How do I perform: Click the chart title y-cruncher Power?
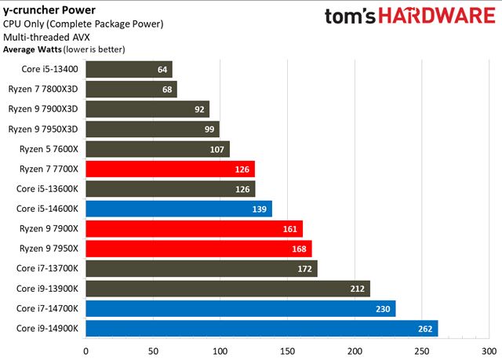click(x=46, y=10)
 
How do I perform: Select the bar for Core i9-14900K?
click(x=261, y=329)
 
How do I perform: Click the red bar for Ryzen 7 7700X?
click(x=170, y=169)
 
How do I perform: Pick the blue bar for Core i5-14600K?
click(x=178, y=209)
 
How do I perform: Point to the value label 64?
click(x=163, y=69)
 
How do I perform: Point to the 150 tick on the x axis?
click(x=287, y=351)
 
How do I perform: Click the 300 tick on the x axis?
click(x=489, y=351)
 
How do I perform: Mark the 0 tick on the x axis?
click(x=85, y=351)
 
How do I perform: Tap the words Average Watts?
click(x=30, y=49)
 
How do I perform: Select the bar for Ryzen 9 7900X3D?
click(x=147, y=109)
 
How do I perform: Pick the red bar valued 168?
click(x=198, y=249)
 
